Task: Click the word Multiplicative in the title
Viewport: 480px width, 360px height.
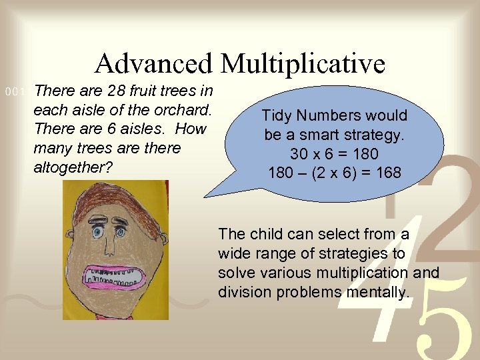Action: tap(303, 64)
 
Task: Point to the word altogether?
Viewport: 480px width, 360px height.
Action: tap(73, 167)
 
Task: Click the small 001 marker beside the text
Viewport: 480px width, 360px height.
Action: tap(14, 91)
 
